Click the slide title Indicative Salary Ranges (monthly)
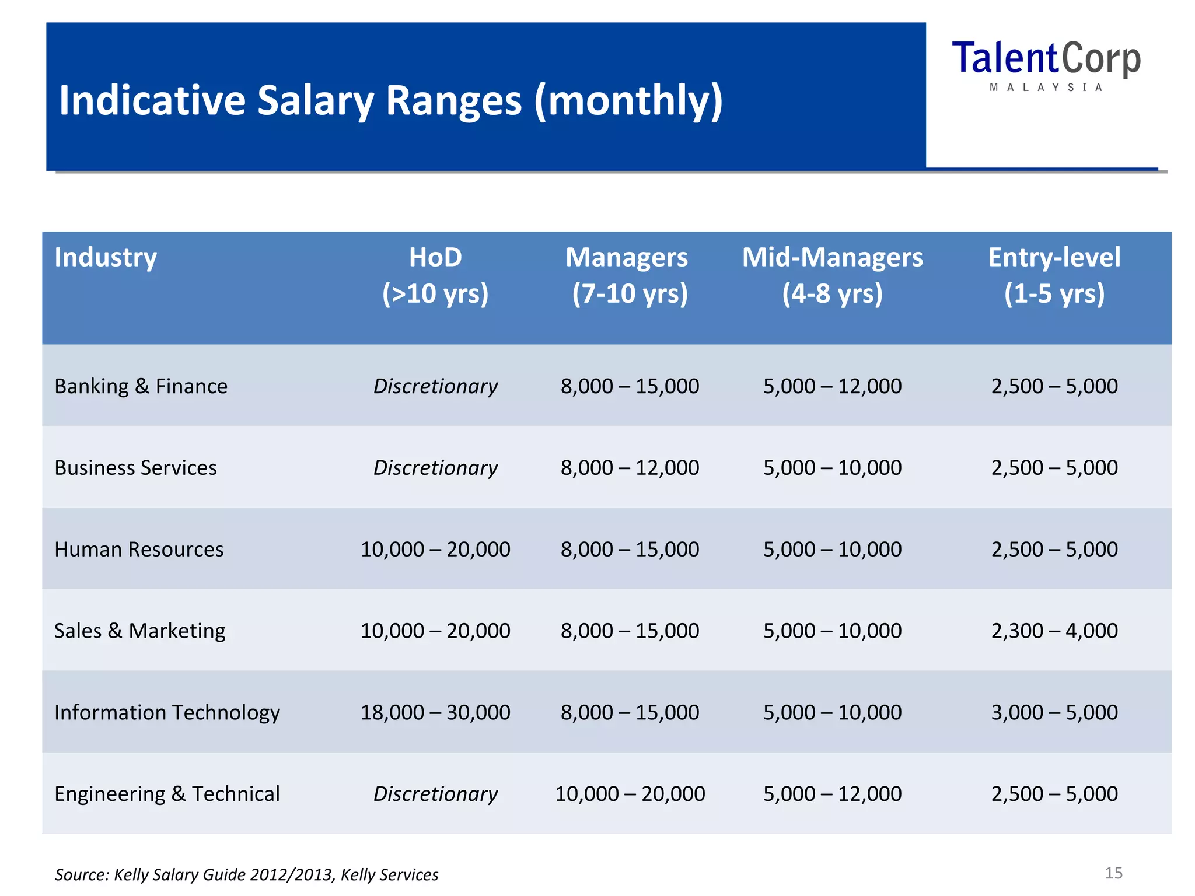tap(391, 100)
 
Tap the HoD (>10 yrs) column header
tap(435, 275)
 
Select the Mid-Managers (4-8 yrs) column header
tap(832, 275)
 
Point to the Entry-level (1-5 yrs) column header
tap(1054, 275)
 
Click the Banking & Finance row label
tap(141, 386)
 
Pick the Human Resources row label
tap(139, 549)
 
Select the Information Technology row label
tap(167, 712)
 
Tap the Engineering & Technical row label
tap(167, 794)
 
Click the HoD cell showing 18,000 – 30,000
tap(435, 712)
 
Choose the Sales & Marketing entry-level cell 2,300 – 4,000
tap(1054, 631)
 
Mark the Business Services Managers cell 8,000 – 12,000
tap(630, 468)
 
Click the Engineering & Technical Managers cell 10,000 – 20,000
tap(630, 794)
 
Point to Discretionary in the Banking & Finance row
tap(435, 386)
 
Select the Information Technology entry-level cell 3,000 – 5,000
tap(1054, 712)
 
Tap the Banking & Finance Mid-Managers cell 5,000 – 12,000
tap(832, 386)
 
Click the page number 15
tap(1113, 873)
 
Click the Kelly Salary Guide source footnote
tap(246, 875)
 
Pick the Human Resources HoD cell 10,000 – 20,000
tap(435, 549)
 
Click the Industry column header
tap(106, 257)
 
